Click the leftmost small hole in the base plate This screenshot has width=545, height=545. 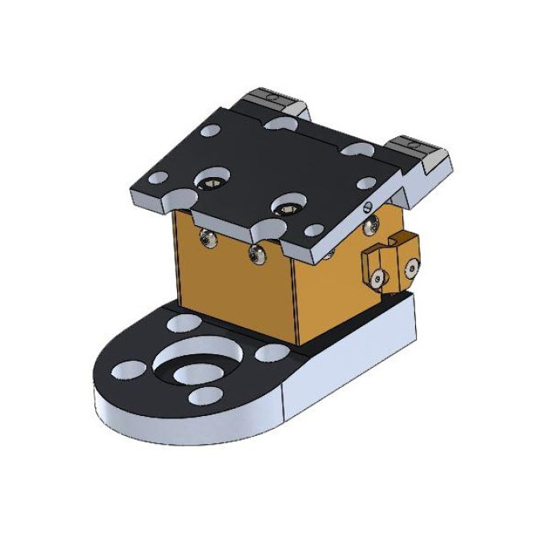pyautogui.click(x=128, y=369)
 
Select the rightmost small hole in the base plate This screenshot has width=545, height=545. pyautogui.click(x=267, y=353)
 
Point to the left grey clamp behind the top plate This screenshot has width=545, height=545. pyautogui.click(x=272, y=103)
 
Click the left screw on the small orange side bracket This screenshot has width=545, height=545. pyautogui.click(x=377, y=277)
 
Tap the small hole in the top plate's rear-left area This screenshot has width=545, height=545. pyautogui.click(x=210, y=129)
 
